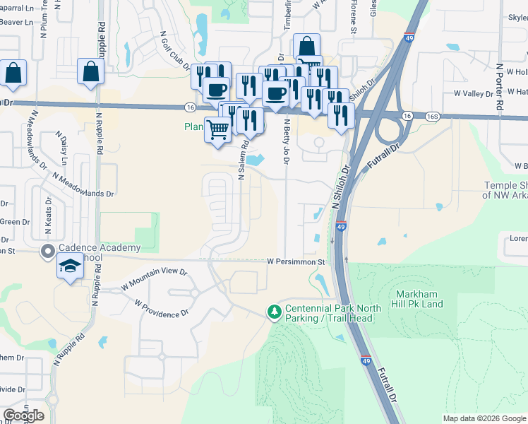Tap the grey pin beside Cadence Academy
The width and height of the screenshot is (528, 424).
click(48, 251)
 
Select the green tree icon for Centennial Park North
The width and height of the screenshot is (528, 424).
click(274, 312)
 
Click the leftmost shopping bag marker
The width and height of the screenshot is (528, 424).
click(13, 73)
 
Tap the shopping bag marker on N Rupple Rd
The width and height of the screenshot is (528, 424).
click(91, 71)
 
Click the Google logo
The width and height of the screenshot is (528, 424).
click(23, 415)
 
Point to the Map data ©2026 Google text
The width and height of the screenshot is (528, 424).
click(484, 418)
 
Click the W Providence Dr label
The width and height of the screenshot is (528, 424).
click(161, 307)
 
